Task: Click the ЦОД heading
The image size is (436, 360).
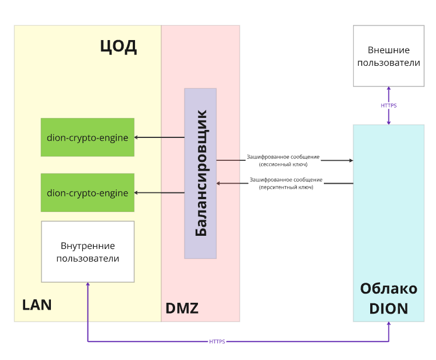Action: pyautogui.click(x=118, y=46)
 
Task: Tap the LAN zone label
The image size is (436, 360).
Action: pyautogui.click(x=37, y=304)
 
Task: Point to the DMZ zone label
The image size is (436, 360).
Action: pyautogui.click(x=181, y=308)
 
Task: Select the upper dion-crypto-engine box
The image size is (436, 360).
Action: pyautogui.click(x=88, y=137)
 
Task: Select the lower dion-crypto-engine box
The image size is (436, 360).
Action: pyautogui.click(x=88, y=193)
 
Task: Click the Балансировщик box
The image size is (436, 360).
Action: pyautogui.click(x=200, y=173)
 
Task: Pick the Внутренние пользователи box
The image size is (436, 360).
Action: pyautogui.click(x=88, y=252)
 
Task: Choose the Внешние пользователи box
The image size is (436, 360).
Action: pyautogui.click(x=389, y=56)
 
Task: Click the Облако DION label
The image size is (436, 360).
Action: pyautogui.click(x=389, y=298)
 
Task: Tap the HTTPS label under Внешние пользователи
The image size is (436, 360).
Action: pyautogui.click(x=389, y=106)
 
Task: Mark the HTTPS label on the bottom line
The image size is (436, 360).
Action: pyautogui.click(x=217, y=342)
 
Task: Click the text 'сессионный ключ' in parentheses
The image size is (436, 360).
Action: pyautogui.click(x=283, y=164)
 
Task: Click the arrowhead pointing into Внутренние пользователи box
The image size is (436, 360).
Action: pyautogui.click(x=88, y=285)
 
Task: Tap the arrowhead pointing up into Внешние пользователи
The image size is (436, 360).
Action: pyautogui.click(x=389, y=89)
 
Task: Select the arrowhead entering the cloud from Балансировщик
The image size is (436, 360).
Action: pyautogui.click(x=350, y=161)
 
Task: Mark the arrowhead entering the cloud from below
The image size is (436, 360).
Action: pyautogui.click(x=389, y=324)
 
